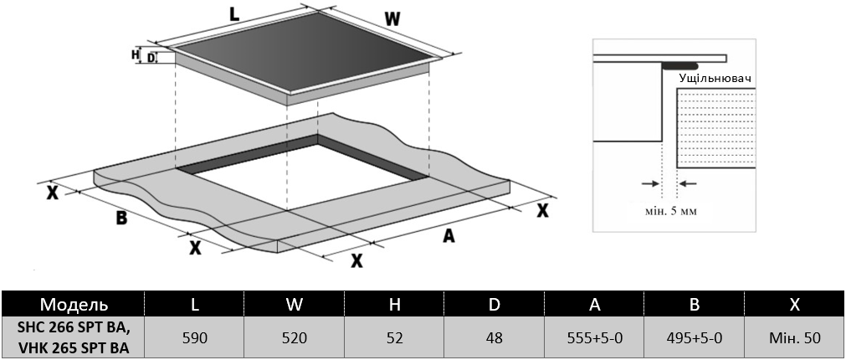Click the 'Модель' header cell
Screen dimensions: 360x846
tap(74, 304)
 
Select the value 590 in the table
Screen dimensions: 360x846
tap(194, 338)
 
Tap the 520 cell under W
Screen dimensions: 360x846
tap(294, 338)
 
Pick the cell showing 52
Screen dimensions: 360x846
tap(395, 338)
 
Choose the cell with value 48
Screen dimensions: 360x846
tap(495, 338)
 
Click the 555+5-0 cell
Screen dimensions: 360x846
tap(594, 338)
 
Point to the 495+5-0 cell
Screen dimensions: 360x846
tap(695, 338)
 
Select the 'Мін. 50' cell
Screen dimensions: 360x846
tap(794, 338)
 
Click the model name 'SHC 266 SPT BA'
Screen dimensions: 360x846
tap(74, 329)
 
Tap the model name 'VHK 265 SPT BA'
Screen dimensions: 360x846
tap(74, 347)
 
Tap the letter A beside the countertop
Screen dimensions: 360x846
tap(449, 236)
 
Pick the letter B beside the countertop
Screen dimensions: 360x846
tap(121, 219)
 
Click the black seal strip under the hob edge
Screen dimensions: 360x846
tap(679, 65)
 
